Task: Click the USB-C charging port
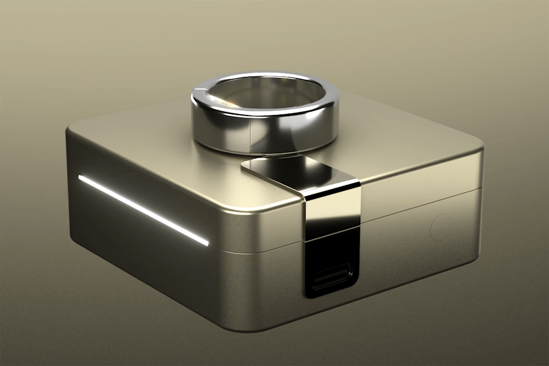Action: (331, 277)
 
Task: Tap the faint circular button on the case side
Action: (440, 227)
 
